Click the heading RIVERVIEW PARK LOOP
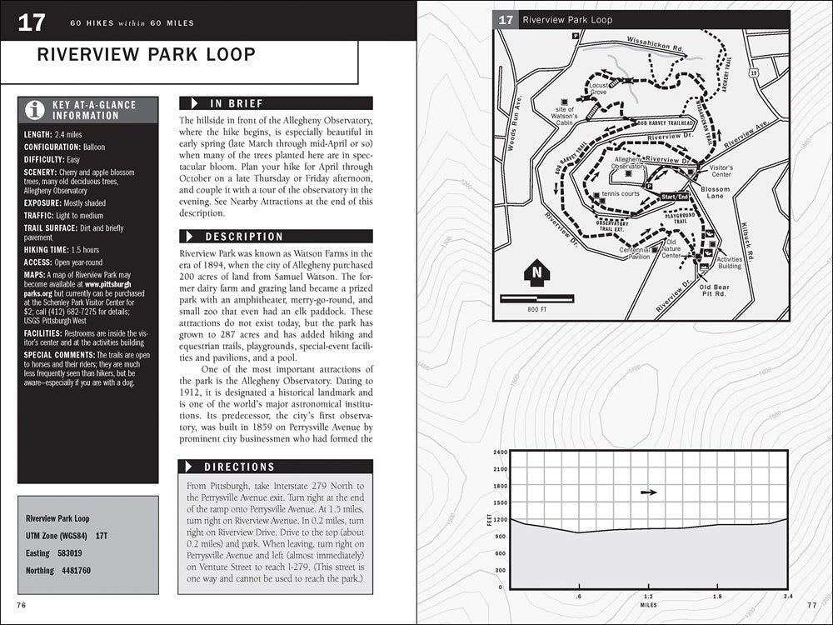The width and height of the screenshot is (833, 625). pyautogui.click(x=147, y=55)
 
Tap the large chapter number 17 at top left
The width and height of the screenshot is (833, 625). pyautogui.click(x=32, y=21)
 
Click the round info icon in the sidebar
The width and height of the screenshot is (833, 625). pyautogui.click(x=34, y=109)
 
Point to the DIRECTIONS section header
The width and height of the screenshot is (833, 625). pyautogui.click(x=240, y=467)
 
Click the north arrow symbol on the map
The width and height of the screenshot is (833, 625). pyautogui.click(x=536, y=272)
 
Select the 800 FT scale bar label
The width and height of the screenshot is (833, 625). pyautogui.click(x=537, y=309)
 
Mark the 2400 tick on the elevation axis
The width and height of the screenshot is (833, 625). pyautogui.click(x=501, y=452)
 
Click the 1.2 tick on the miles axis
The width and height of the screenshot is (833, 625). pyautogui.click(x=648, y=597)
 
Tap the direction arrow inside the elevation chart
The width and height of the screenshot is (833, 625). pyautogui.click(x=649, y=492)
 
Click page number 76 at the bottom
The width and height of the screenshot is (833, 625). pyautogui.click(x=22, y=603)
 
